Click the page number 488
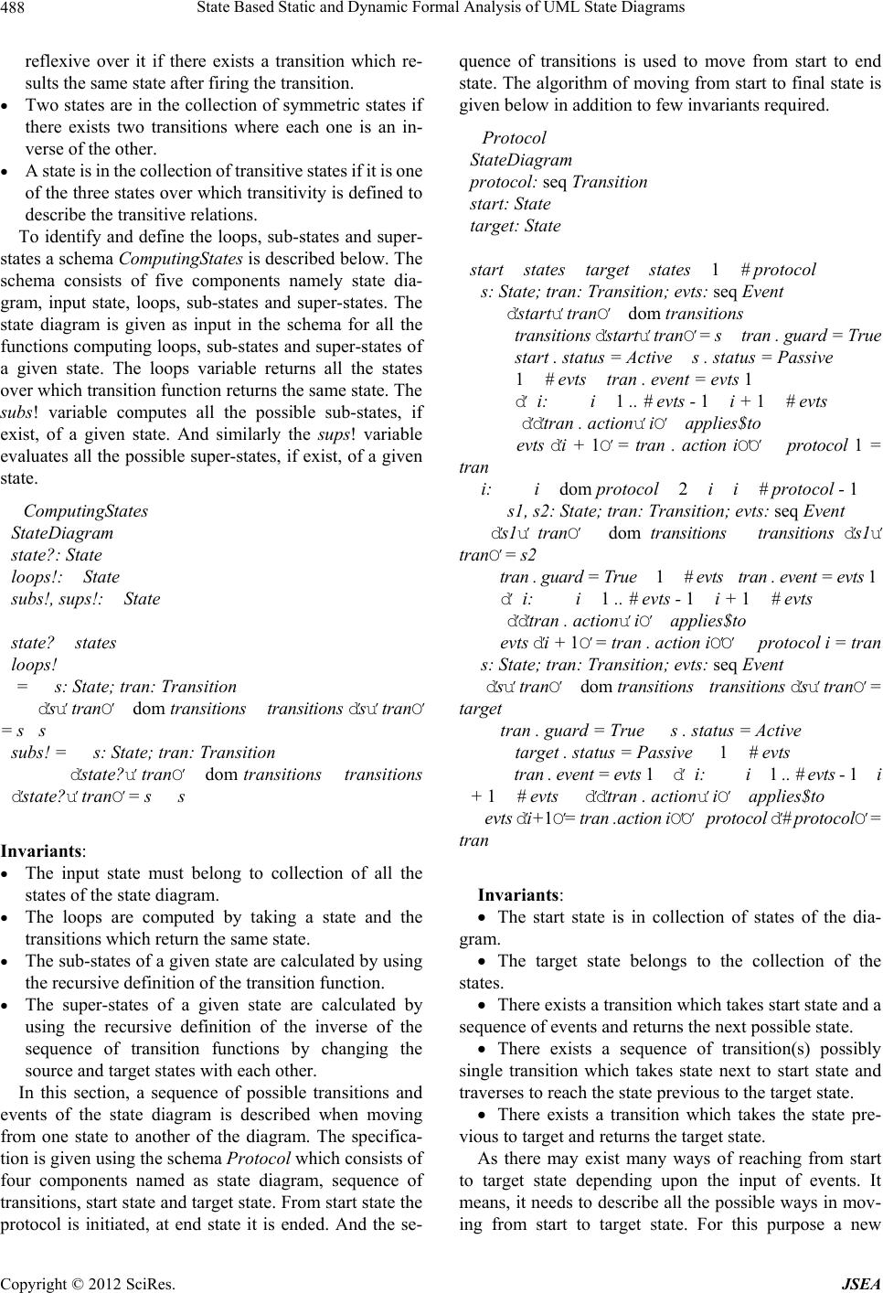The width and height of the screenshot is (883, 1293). coord(16,8)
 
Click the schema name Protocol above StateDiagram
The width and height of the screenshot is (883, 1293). coord(514,138)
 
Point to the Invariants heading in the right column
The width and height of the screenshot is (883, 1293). coord(520,893)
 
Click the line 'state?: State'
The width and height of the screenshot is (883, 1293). coord(57,554)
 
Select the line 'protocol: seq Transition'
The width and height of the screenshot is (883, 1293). coord(559,181)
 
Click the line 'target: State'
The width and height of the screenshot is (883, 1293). coord(516,225)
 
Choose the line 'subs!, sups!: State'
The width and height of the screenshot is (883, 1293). coord(85,599)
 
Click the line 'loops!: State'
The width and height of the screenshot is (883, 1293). coord(65,576)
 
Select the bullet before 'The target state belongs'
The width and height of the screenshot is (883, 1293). coord(484,961)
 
